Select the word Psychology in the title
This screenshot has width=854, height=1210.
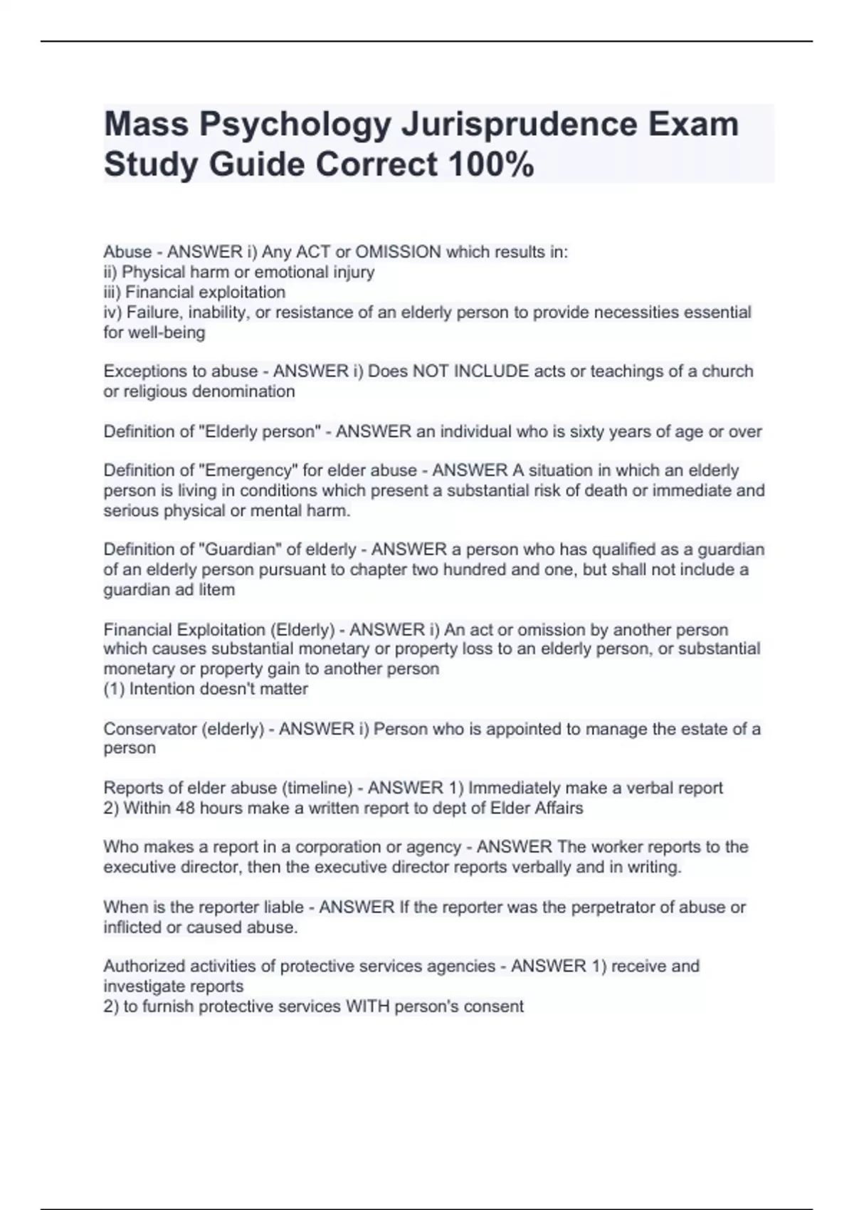295,125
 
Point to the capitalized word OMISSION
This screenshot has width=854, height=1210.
398,252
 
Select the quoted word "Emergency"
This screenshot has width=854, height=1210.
248,470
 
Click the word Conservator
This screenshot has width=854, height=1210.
148,729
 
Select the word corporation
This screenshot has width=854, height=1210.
337,847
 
